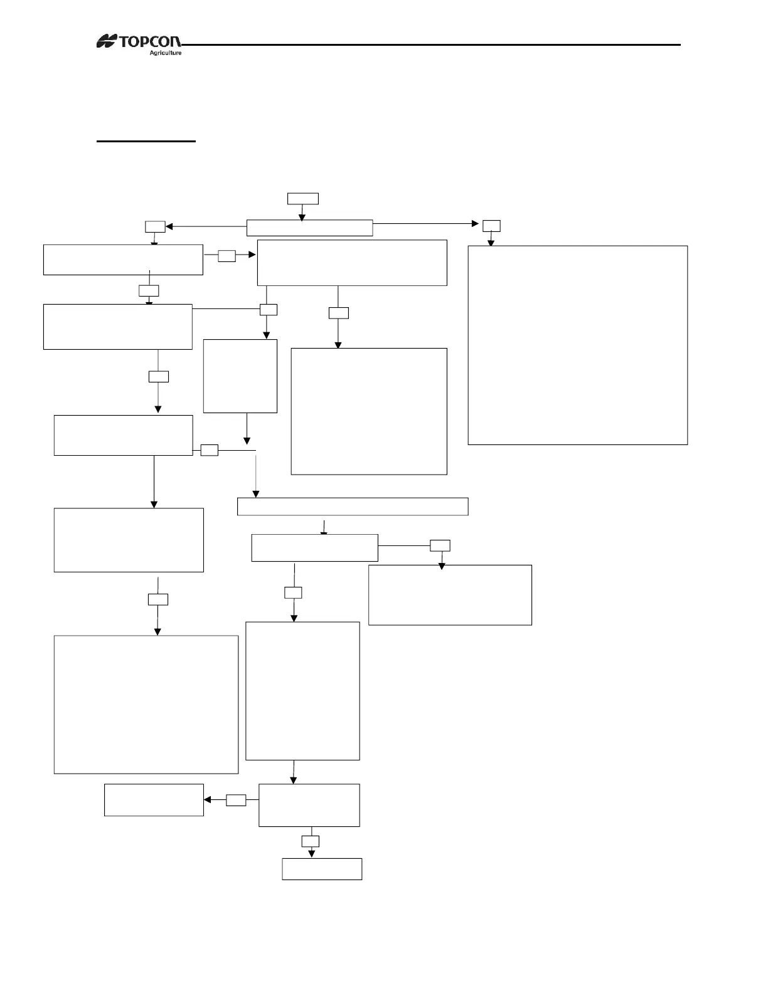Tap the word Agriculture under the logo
tap(165, 53)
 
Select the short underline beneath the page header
tap(146, 142)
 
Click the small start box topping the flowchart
tap(302, 199)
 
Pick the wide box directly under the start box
tap(309, 228)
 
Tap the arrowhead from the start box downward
tap(302, 217)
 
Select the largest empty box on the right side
tap(577, 345)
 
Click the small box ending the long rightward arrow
tap(491, 226)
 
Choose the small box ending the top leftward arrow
tap(155, 226)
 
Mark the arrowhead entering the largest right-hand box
tap(491, 243)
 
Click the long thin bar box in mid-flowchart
tap(353, 506)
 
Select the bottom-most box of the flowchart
tap(322, 869)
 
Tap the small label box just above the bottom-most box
tap(311, 841)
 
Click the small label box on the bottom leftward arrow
tap(236, 800)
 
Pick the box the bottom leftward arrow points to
tap(154, 800)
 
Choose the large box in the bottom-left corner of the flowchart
tap(146, 705)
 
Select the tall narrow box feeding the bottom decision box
tap(302, 691)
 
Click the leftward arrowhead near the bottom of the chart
tap(207, 800)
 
